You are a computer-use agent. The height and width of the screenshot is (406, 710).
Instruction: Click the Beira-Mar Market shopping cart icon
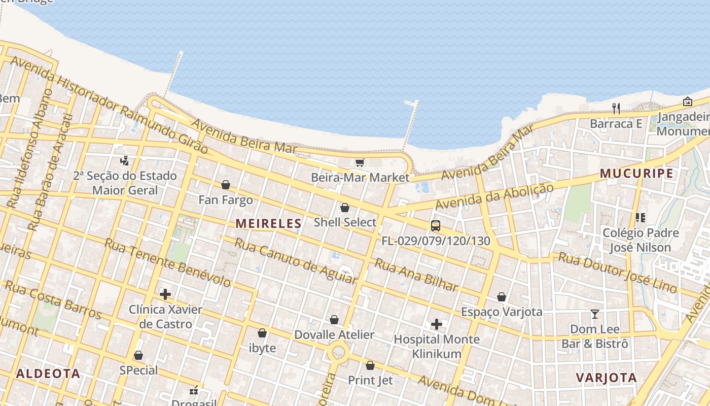[x=360, y=162]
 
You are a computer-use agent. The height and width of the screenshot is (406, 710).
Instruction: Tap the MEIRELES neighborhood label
[x=268, y=223]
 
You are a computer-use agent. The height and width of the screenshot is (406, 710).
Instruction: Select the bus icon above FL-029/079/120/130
[x=435, y=226]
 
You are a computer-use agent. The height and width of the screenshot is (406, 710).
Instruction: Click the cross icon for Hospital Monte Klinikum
[x=436, y=324]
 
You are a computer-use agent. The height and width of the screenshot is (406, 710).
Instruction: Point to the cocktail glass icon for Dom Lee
[x=594, y=314]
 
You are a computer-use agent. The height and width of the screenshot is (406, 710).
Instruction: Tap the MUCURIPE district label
[x=636, y=174]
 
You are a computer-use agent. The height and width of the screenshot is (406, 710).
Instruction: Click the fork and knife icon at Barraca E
[x=616, y=108]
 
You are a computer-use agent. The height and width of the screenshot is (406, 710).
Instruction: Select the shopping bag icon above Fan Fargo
[x=226, y=185]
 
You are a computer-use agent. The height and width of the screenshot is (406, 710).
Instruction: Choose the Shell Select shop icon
[x=345, y=208]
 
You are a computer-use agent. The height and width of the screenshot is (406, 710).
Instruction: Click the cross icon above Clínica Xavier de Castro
[x=165, y=294]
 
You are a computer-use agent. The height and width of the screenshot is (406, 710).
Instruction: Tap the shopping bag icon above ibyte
[x=262, y=333]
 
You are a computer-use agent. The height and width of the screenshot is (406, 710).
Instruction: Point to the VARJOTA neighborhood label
[x=606, y=378]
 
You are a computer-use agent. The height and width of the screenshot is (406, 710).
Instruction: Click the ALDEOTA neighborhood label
[x=48, y=374]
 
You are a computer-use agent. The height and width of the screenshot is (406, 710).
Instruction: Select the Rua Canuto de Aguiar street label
[x=296, y=261]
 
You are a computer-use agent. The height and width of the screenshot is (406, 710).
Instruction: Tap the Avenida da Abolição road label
[x=494, y=197]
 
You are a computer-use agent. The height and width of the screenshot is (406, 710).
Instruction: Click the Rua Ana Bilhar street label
[x=416, y=275]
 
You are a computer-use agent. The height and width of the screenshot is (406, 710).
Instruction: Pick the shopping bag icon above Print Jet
[x=370, y=365]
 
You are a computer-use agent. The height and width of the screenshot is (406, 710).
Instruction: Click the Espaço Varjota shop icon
[x=502, y=297]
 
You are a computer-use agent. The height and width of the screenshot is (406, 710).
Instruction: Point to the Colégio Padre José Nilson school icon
[x=640, y=218]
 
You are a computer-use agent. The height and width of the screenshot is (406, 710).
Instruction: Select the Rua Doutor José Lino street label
[x=617, y=273]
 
